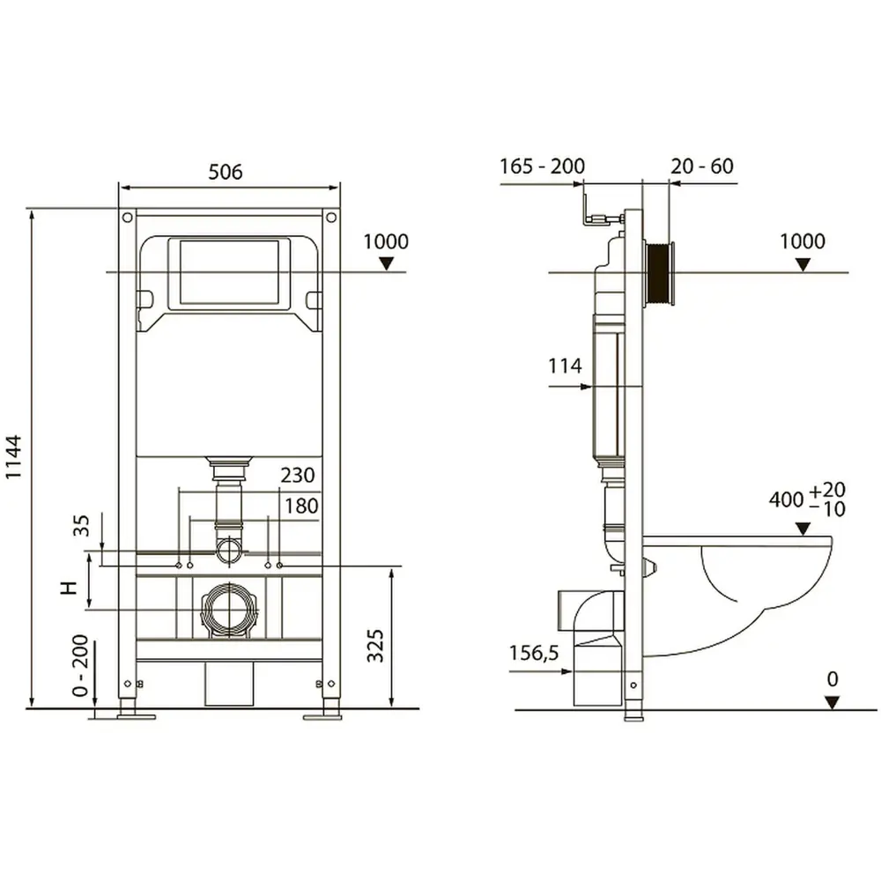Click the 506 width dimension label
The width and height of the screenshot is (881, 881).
point(226,172)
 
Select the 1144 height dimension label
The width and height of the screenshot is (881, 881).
point(13,456)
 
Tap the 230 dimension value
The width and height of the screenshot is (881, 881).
point(298,476)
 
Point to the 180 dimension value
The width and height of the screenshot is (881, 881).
point(301,506)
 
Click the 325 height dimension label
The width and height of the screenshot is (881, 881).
point(374,645)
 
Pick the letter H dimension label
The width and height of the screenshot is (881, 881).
point(69,588)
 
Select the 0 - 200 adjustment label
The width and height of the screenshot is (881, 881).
point(81,666)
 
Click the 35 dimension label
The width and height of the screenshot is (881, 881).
point(81,526)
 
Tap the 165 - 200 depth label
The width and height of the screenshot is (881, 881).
point(542,167)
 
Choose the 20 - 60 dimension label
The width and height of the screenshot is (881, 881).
point(702,167)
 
